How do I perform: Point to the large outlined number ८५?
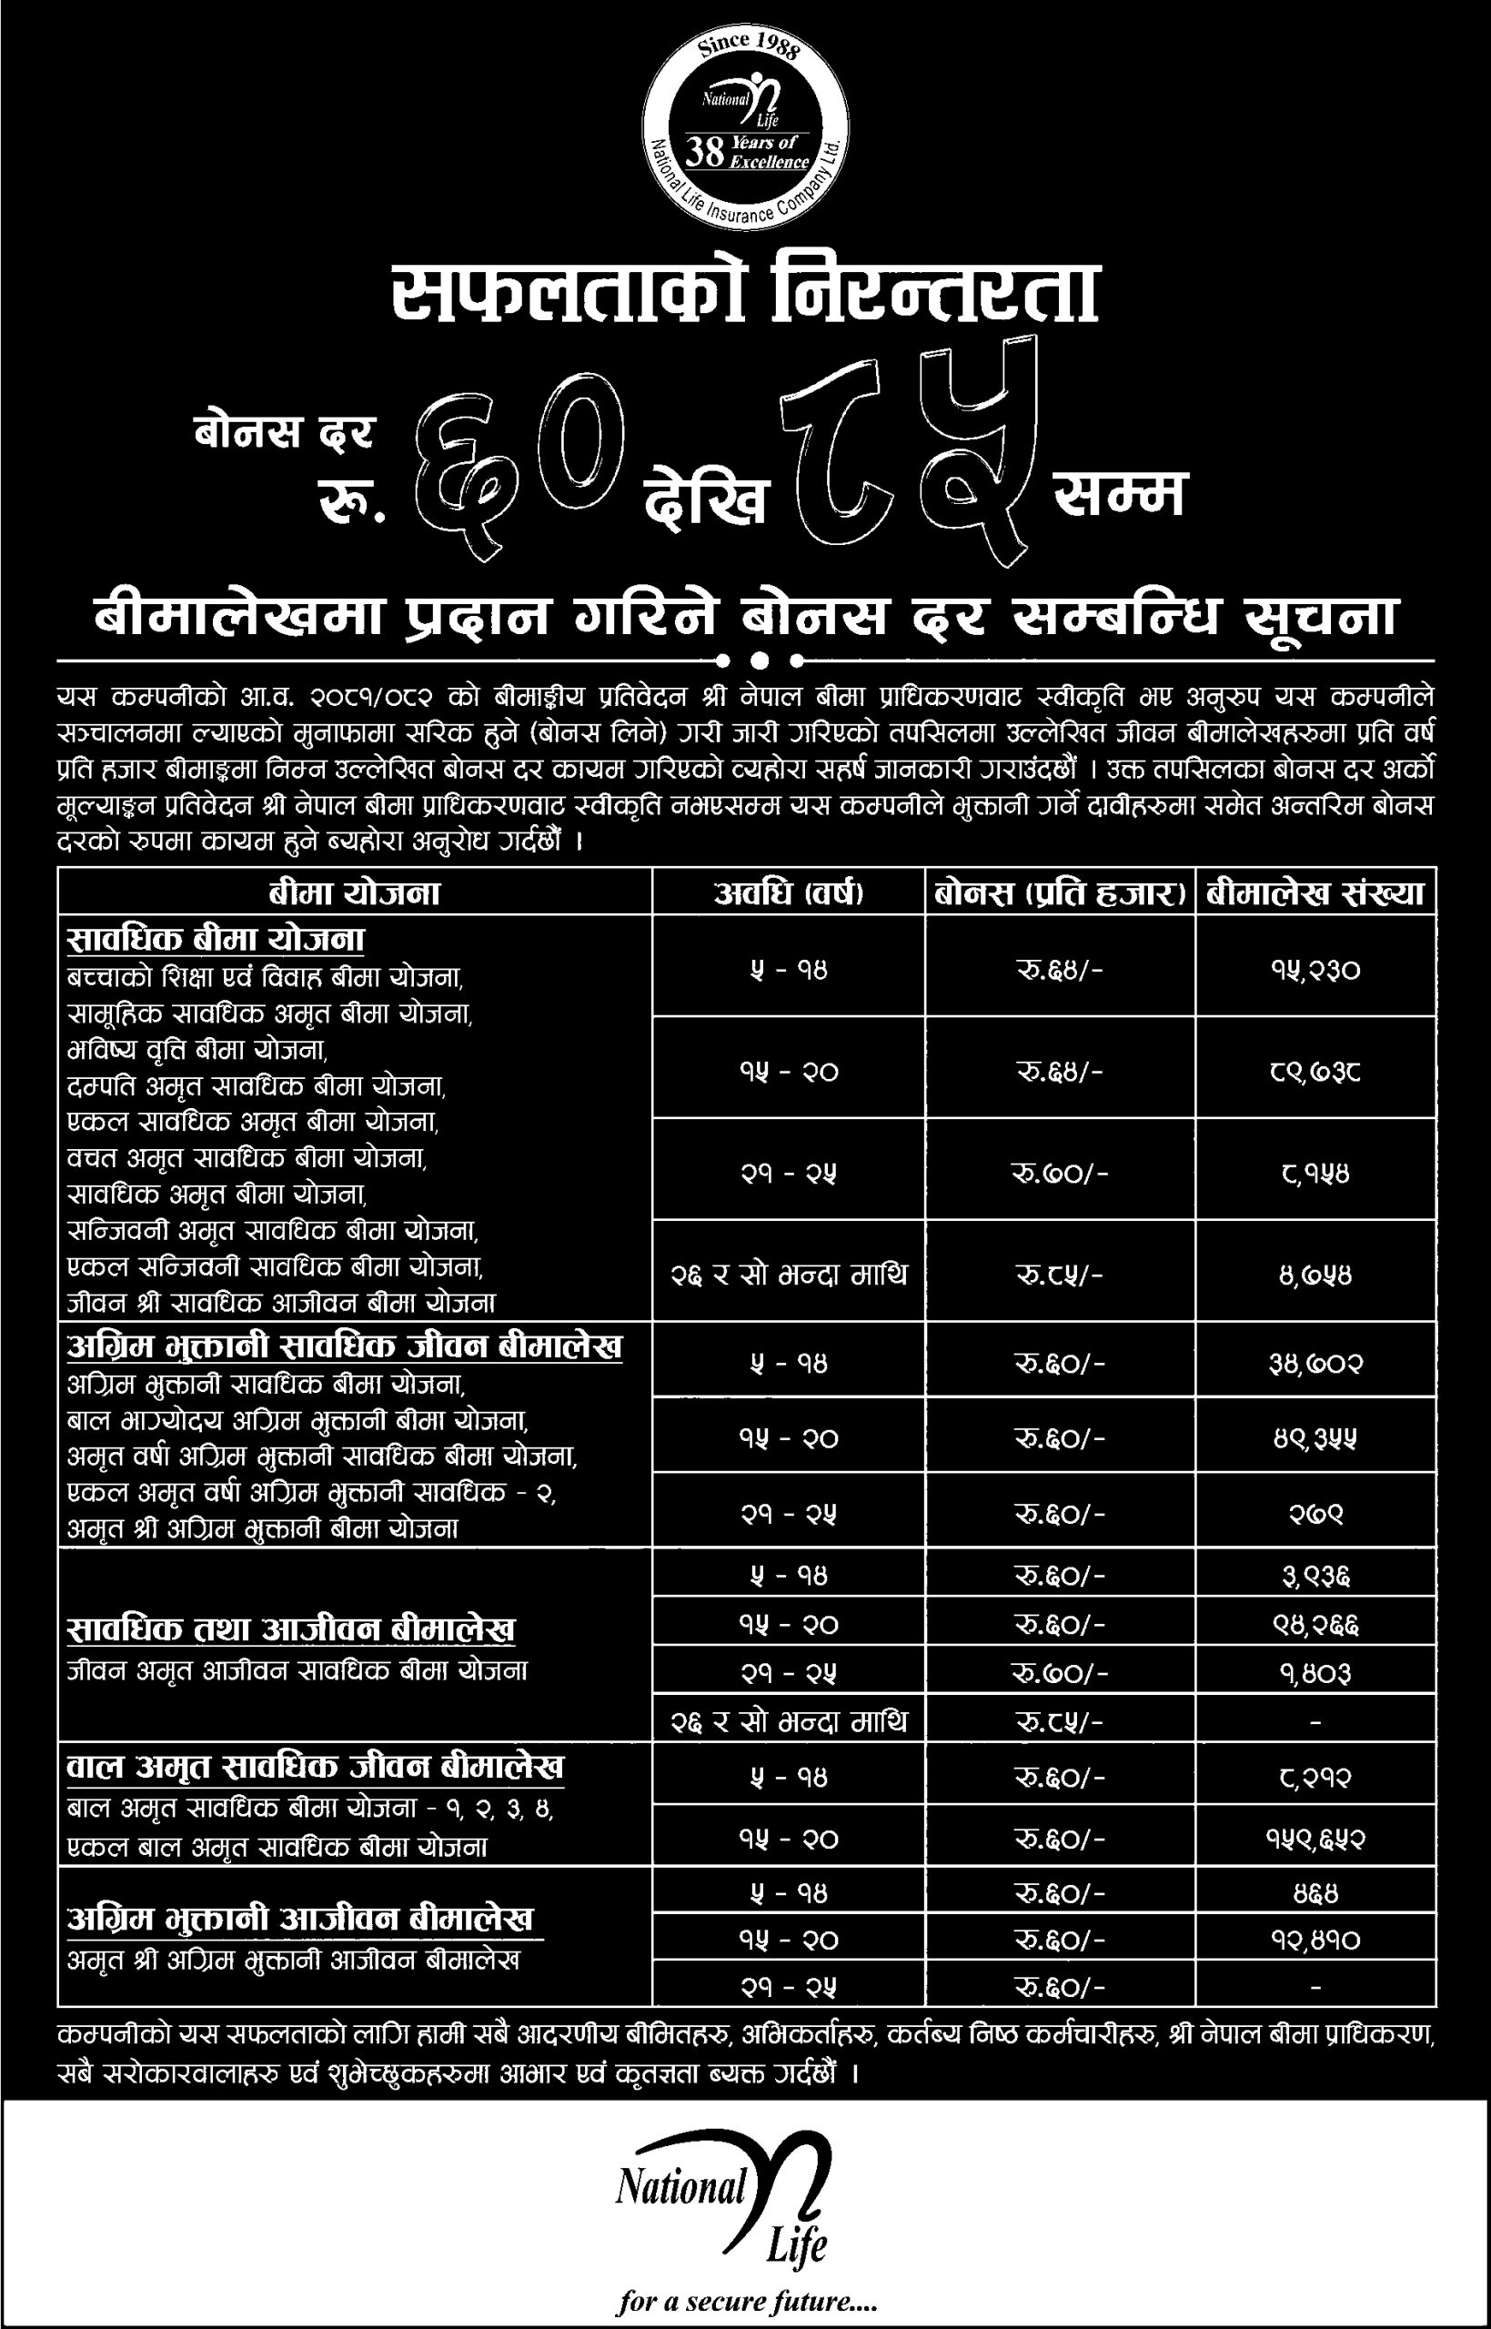[x=909, y=450]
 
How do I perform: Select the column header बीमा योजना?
[x=355, y=892]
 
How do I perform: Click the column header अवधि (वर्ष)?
[x=788, y=892]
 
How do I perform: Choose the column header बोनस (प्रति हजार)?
[x=1060, y=892]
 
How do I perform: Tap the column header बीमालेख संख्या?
[x=1315, y=892]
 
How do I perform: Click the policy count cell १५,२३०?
[x=1315, y=969]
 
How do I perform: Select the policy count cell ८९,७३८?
[x=1315, y=1071]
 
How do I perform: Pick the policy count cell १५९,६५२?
[x=1315, y=1839]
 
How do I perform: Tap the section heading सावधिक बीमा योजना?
[x=216, y=939]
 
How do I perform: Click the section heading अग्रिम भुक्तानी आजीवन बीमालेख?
[x=300, y=1920]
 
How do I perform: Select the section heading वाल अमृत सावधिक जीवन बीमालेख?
[x=315, y=1767]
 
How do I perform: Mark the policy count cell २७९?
[x=1315, y=1513]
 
